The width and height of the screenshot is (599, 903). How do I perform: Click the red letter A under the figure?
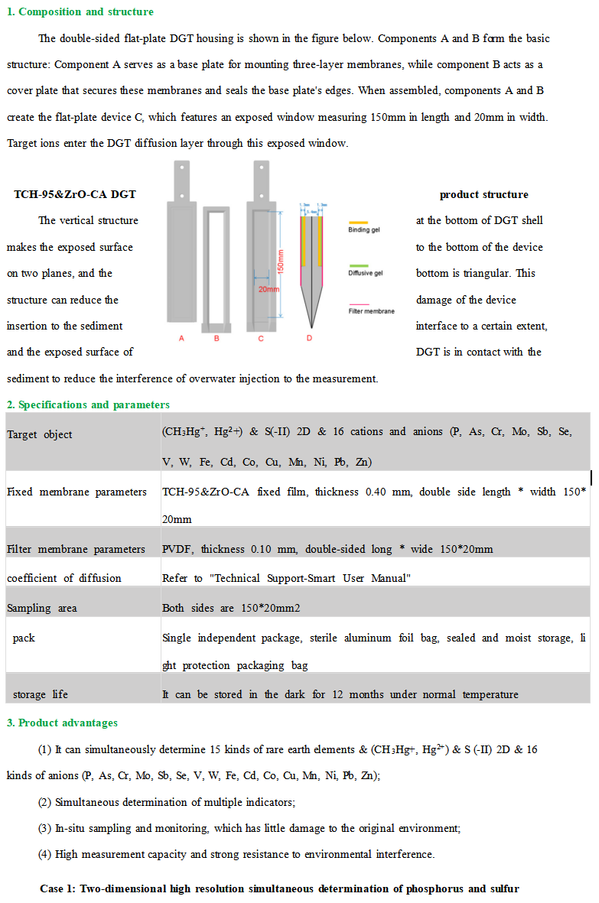(181, 337)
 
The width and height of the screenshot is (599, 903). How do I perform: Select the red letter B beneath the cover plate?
(216, 337)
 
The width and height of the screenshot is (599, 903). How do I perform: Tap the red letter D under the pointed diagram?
(309, 337)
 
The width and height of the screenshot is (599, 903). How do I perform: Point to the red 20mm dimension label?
(268, 290)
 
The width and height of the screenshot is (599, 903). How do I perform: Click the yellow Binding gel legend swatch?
(358, 223)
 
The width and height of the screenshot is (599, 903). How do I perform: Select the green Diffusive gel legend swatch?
(358, 265)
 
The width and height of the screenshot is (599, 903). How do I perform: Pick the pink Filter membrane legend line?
(358, 304)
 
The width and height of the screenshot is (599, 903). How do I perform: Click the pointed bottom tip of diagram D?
(309, 322)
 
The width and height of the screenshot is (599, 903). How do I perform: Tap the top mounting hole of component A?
(182, 167)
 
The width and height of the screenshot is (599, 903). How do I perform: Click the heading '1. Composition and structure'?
(80, 11)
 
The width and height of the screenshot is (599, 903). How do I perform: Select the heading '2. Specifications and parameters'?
(88, 404)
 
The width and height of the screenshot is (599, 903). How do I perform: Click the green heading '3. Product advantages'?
(62, 723)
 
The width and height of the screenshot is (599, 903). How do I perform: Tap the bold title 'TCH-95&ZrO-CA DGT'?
(75, 194)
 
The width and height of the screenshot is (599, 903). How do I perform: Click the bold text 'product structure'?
(483, 194)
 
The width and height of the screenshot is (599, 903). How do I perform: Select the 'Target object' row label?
(40, 434)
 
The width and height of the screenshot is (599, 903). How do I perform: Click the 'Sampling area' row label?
(42, 609)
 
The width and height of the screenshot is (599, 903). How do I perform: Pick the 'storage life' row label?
(40, 694)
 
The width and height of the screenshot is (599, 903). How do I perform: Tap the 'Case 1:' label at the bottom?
(61, 888)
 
